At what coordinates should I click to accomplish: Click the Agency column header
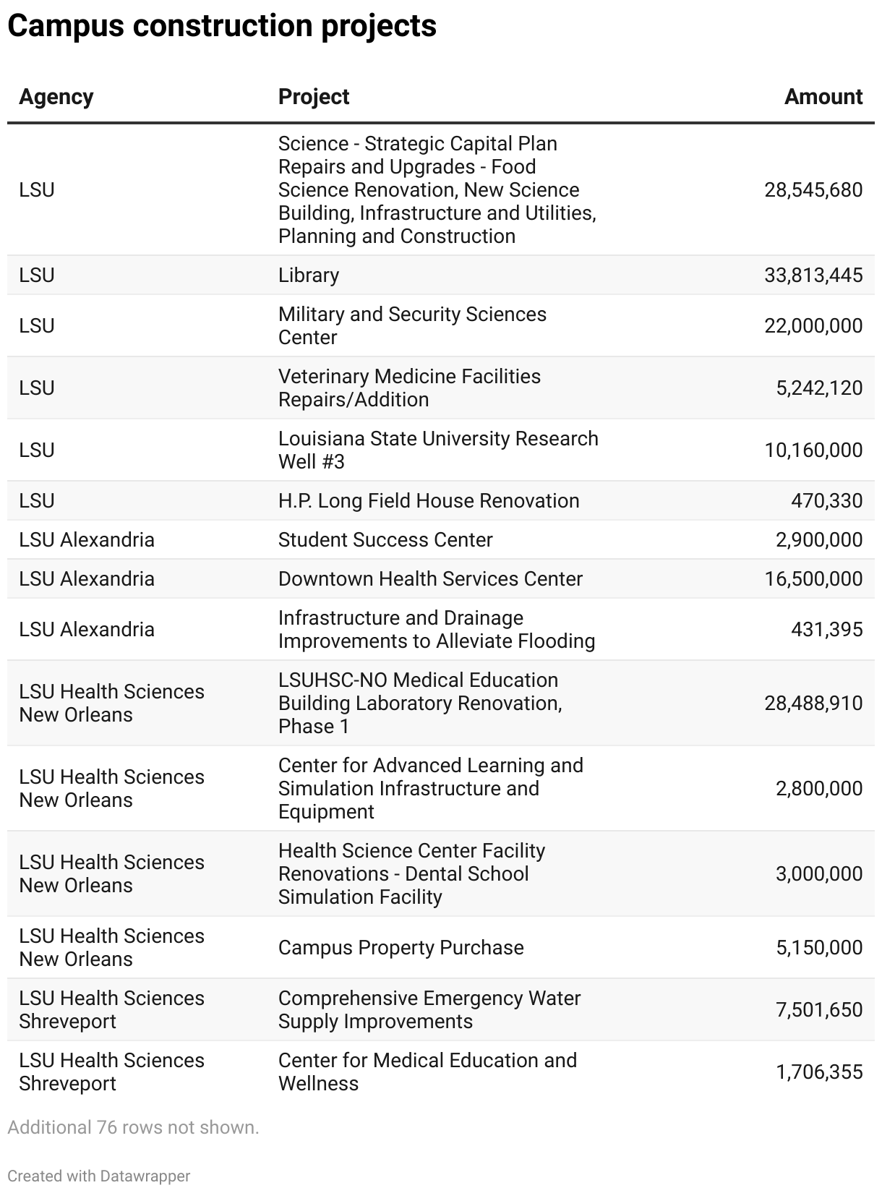tap(56, 97)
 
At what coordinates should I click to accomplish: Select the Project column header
tap(314, 97)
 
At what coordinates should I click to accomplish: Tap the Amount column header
tap(823, 97)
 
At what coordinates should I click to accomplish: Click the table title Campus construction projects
tap(222, 26)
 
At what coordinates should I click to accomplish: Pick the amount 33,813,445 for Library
tap(813, 275)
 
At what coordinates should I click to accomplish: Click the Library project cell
tap(309, 275)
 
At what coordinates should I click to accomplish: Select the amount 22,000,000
tap(813, 326)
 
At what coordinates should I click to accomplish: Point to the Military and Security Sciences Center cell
tap(412, 326)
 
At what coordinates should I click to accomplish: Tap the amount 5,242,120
tap(819, 388)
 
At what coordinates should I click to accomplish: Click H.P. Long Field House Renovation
tap(429, 501)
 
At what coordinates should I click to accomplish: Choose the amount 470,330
tap(826, 501)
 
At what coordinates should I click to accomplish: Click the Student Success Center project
tap(385, 540)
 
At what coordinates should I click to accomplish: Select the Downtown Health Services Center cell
tap(430, 579)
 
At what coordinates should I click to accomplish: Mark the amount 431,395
tap(826, 630)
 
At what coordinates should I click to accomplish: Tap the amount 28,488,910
tap(813, 704)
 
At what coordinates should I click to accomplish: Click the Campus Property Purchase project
tap(401, 948)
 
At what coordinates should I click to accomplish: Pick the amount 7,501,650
tap(819, 1010)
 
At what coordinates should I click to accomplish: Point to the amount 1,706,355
tap(819, 1072)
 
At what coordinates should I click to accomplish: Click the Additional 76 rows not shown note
tap(133, 1127)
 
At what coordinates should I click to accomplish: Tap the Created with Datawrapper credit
tap(99, 1176)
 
